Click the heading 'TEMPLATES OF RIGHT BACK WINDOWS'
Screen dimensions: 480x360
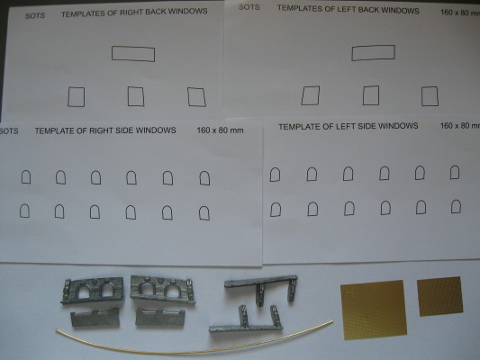134,13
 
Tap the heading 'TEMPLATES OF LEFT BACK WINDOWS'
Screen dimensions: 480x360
348,10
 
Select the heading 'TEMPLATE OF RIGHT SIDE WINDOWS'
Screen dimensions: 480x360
105,130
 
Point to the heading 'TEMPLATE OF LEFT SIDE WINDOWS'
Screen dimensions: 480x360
348,126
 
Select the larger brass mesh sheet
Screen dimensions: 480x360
374,310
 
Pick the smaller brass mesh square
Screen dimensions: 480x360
439,296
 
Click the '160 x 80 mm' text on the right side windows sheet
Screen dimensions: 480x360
220,130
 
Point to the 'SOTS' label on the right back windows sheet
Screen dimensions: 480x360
35,15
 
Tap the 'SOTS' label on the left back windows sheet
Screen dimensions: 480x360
249,7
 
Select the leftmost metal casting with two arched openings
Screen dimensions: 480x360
93,290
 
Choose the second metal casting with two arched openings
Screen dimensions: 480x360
161,289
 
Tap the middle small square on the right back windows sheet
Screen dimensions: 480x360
136,96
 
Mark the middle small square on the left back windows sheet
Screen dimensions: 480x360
371,95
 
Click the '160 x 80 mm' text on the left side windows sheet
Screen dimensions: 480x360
460,126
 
